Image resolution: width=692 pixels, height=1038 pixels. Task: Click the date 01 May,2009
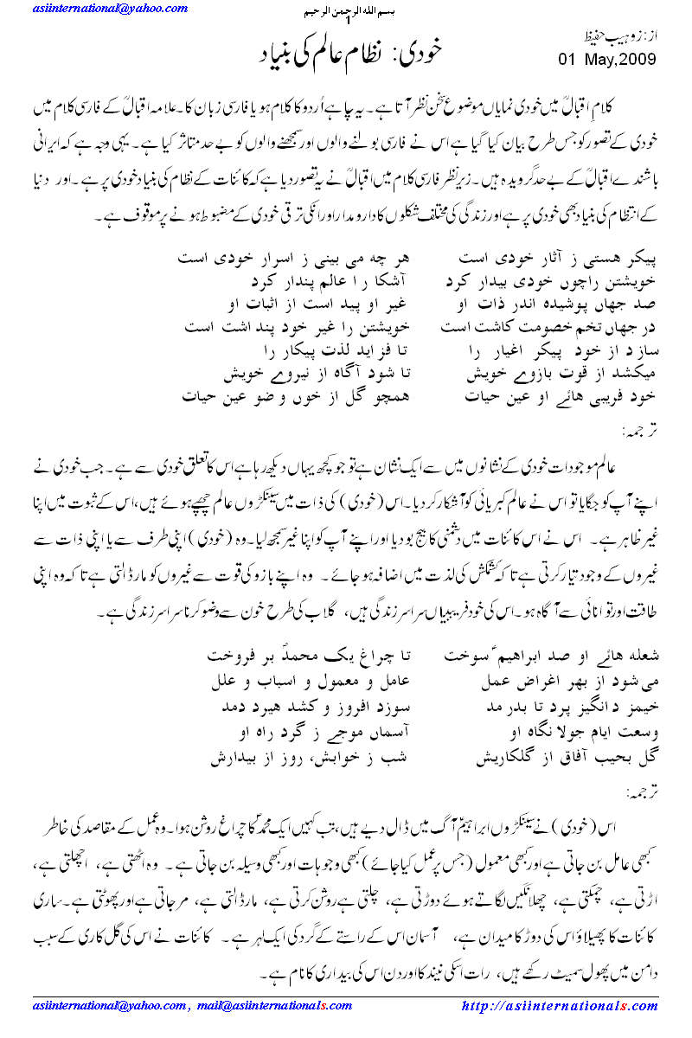tap(607, 60)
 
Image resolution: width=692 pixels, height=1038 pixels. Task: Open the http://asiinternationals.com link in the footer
tap(561, 1006)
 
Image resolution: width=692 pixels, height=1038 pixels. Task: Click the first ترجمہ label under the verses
tap(638, 430)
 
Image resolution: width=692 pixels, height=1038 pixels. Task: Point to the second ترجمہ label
tap(638, 791)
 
